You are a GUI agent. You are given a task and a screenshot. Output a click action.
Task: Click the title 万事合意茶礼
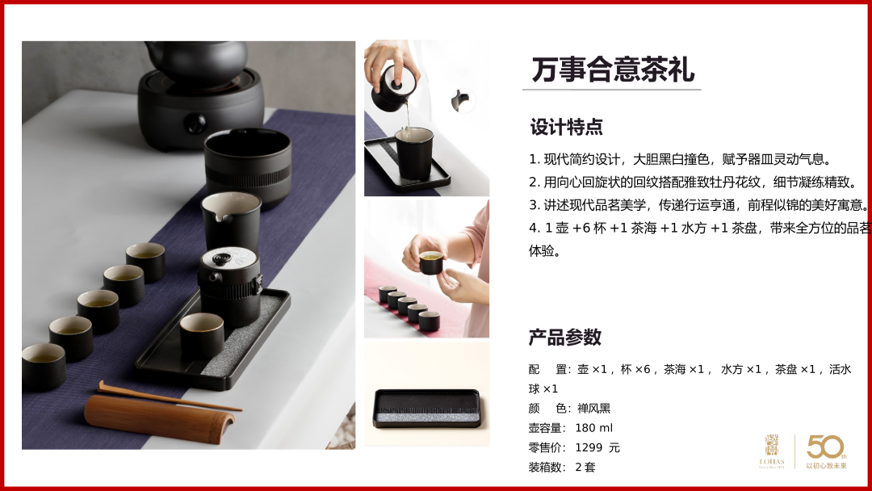pyautogui.click(x=613, y=69)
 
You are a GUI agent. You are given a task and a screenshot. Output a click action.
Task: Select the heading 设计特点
pyautogui.click(x=566, y=127)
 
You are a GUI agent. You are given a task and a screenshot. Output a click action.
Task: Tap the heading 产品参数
pyautogui.click(x=565, y=337)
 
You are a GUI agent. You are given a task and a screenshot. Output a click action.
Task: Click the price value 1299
pyautogui.click(x=589, y=447)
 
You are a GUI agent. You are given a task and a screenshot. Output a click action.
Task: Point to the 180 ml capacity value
pyautogui.click(x=594, y=428)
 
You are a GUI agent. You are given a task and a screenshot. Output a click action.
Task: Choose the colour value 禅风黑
pyautogui.click(x=594, y=409)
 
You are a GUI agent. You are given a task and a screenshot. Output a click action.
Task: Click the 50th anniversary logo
pyautogui.click(x=827, y=451)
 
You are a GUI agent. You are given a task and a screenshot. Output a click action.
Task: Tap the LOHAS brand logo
pyautogui.click(x=772, y=451)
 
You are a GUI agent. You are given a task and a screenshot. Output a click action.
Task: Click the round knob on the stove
pyautogui.click(x=195, y=122)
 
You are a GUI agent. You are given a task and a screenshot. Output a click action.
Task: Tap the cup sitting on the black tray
pyautogui.click(x=201, y=334)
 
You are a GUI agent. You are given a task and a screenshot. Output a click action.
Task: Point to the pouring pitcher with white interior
pyautogui.click(x=231, y=220)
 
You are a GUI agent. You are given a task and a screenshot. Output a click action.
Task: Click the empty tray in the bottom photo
pyautogui.click(x=426, y=409)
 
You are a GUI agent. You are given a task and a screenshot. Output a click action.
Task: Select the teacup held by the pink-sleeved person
pyautogui.click(x=431, y=262)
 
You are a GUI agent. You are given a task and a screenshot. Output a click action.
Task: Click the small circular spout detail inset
pyautogui.click(x=463, y=101)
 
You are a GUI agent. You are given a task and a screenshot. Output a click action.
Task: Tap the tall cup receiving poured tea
pyautogui.click(x=414, y=153)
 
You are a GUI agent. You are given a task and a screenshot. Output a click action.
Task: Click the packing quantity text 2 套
pyautogui.click(x=585, y=467)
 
